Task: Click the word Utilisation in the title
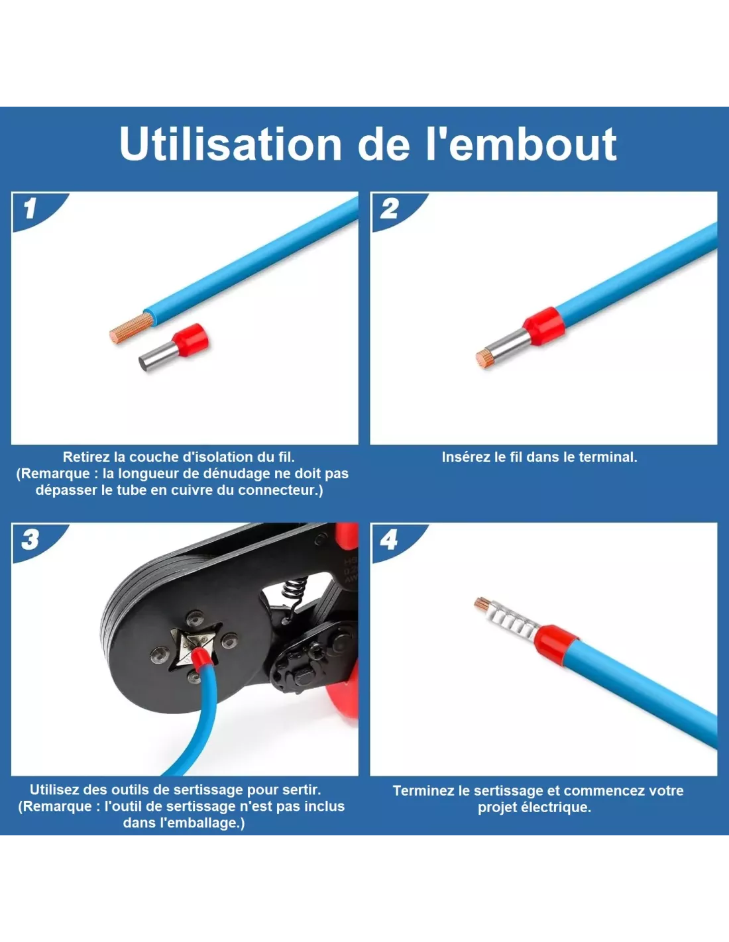pyautogui.click(x=231, y=144)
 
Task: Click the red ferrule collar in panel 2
pyautogui.click(x=541, y=327)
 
